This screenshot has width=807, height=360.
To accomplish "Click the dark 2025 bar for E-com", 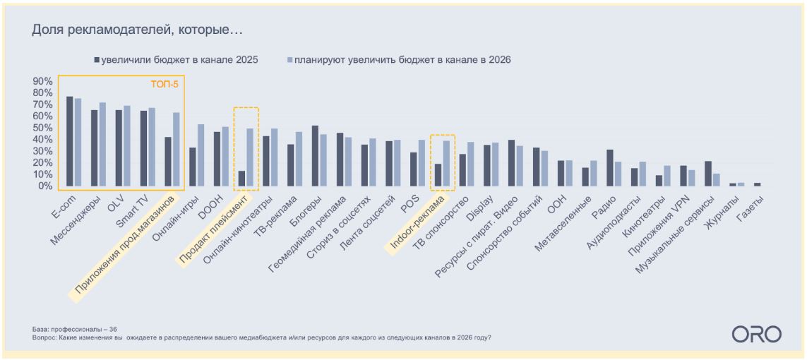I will tap(69, 141).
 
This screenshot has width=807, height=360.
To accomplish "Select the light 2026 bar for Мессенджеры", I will tap(102, 145).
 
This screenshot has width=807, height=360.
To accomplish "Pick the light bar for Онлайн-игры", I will tap(201, 155).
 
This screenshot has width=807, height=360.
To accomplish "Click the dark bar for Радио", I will tap(609, 168).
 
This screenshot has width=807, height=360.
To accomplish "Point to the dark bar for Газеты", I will tap(757, 184).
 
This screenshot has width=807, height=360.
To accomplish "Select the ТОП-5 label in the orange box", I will tap(164, 84).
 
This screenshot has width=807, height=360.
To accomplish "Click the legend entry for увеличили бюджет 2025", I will tap(177, 60).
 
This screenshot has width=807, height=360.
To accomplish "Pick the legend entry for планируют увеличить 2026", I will tap(399, 60).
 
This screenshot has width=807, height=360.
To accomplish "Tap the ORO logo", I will tap(756, 334).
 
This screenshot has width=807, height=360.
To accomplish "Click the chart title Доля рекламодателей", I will tap(138, 30).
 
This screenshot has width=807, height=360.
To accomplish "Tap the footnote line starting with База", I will tap(75, 329).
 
